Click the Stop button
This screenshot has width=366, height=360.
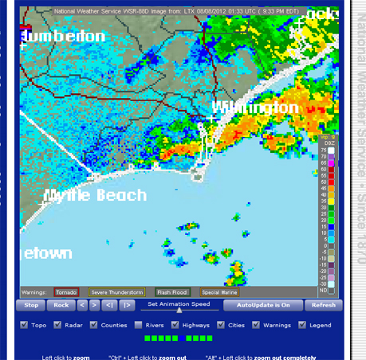pyautogui.click(x=31, y=305)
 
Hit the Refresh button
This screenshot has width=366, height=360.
pyautogui.click(x=323, y=305)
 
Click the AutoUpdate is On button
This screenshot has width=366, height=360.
pyautogui.click(x=262, y=305)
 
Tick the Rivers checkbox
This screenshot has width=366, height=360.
pyautogui.click(x=139, y=325)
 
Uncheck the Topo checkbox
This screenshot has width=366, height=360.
pyautogui.click(x=23, y=325)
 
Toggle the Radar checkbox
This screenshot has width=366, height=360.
pyautogui.click(x=57, y=325)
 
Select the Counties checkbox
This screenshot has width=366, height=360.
pyautogui.click(x=95, y=325)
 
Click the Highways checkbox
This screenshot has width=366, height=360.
pyautogui.click(x=178, y=325)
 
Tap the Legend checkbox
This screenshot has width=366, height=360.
pyautogui.click(x=302, y=325)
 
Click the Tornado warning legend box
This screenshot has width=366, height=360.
pyautogui.click(x=66, y=292)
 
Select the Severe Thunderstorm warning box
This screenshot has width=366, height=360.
pyautogui.click(x=116, y=292)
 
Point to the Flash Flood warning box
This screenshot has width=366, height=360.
pyautogui.click(x=172, y=292)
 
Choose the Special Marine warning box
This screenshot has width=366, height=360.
pyautogui.click(x=219, y=292)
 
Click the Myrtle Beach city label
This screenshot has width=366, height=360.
pyautogui.click(x=95, y=196)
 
